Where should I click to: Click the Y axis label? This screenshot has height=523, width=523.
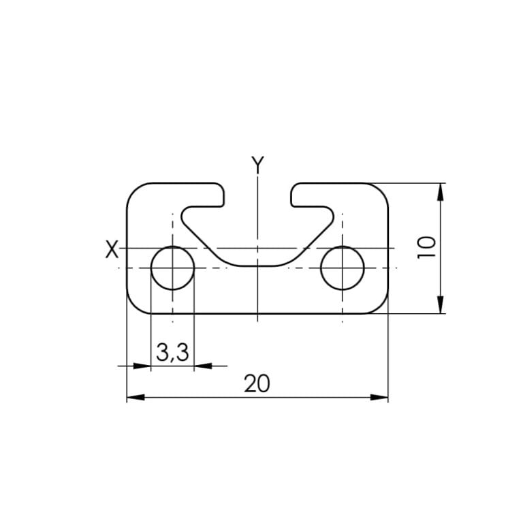pos(257,164)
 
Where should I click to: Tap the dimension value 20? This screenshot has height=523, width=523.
pos(257,385)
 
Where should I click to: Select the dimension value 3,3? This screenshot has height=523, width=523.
pos(172,353)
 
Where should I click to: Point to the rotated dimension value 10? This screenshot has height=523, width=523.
pos(426,247)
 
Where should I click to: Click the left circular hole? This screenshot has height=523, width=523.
pos(172,268)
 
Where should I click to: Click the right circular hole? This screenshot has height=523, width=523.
pos(342,268)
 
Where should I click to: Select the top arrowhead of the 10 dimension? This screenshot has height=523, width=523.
pos(441,192)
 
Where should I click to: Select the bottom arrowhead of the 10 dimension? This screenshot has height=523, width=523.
pos(441,304)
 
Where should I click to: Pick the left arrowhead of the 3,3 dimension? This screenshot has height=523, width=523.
pos(142,366)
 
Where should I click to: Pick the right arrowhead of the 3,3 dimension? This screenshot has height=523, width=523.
pos(202,366)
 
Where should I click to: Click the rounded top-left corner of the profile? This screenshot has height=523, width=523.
pos(135,191)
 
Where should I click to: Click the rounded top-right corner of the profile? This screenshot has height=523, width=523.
pos(380,191)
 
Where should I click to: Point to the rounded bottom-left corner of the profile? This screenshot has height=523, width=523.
pos(135,306)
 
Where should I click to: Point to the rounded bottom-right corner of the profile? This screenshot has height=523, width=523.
pos(380,306)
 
